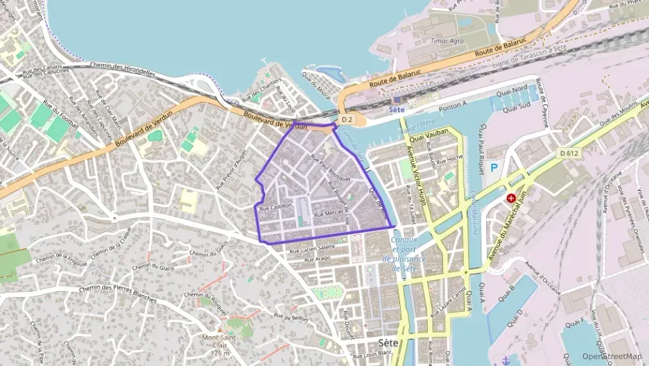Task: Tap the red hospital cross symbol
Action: (x=511, y=198)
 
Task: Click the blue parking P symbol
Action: (x=494, y=168)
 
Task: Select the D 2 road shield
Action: (x=347, y=120)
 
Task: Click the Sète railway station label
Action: (x=397, y=110)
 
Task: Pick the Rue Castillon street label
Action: (x=275, y=207)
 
